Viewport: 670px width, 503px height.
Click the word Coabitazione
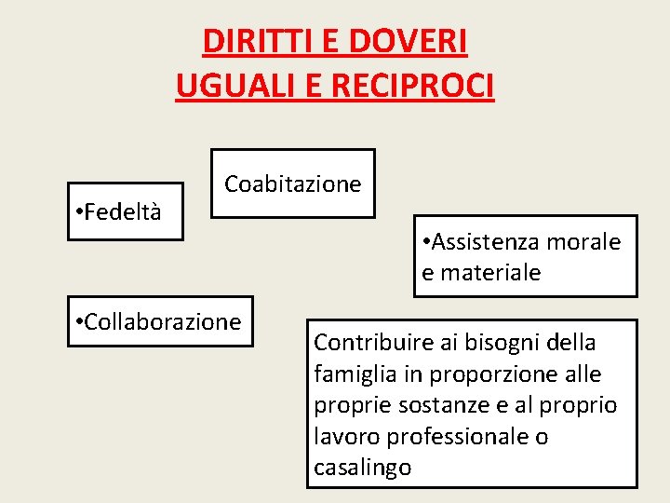click(292, 184)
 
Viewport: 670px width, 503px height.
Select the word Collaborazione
click(163, 322)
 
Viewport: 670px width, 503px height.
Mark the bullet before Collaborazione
click(77, 323)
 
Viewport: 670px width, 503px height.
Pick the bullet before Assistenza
click(426, 243)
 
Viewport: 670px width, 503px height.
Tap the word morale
click(586, 242)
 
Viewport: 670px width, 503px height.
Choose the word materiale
click(491, 273)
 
